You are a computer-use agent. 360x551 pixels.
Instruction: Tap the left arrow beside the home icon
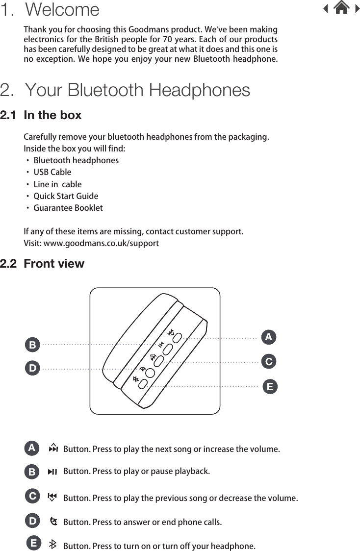point(326,8)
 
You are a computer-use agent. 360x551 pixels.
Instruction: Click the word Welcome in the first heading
point(62,9)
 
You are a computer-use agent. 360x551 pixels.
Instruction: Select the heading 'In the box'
point(52,115)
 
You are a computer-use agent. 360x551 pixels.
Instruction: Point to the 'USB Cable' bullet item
point(52,172)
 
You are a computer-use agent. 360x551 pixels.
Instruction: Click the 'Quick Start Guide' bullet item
point(66,196)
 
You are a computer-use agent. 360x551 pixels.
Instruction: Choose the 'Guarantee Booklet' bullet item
point(68,208)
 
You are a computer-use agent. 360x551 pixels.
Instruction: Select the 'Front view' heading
point(54,264)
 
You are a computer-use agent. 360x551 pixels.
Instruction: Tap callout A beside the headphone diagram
point(268,337)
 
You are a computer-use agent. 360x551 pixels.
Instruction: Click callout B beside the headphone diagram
point(32,345)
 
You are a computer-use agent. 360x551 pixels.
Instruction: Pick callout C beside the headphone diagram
point(268,362)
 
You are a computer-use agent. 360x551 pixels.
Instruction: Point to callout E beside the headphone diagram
point(269,387)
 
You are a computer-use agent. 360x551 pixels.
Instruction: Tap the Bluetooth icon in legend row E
point(52,545)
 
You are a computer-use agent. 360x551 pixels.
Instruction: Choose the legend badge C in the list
point(32,496)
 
